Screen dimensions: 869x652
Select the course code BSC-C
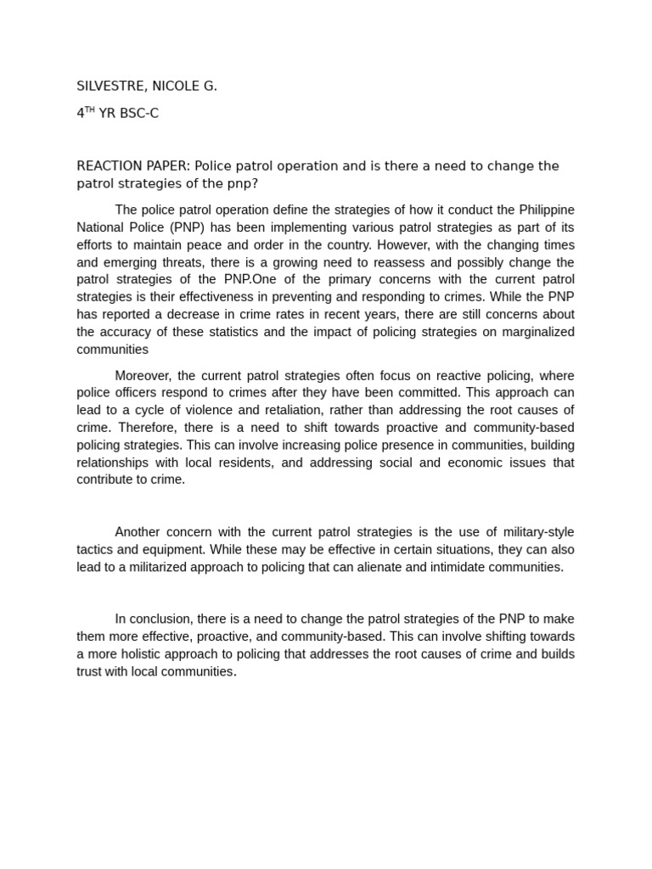139,113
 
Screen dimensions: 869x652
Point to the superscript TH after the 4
90,110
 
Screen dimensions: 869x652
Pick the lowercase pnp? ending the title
239,183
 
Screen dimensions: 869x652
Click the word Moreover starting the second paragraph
143,376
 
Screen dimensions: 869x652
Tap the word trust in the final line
91,671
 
